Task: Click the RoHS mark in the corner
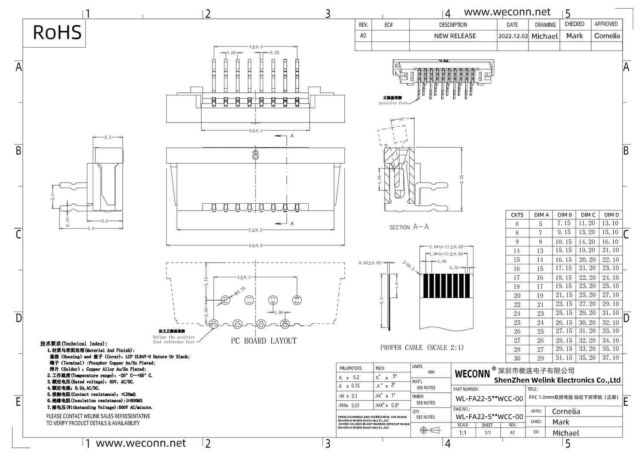[x=57, y=33]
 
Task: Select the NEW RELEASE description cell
[x=455, y=36]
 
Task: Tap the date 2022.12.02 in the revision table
[x=513, y=36]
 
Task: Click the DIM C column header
[x=588, y=214]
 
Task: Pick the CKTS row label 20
[x=517, y=295]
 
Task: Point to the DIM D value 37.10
[x=610, y=358]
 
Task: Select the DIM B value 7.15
[x=564, y=223]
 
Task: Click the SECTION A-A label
[x=409, y=227]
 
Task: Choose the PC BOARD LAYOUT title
[x=264, y=341]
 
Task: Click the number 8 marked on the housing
[x=255, y=155]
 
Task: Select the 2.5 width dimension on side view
[x=107, y=137]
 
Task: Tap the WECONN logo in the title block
[x=472, y=374]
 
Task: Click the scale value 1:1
[x=462, y=433]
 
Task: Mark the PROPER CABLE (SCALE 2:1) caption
[x=422, y=347]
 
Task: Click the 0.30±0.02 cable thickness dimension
[x=369, y=263]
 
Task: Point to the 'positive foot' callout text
[x=393, y=103]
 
